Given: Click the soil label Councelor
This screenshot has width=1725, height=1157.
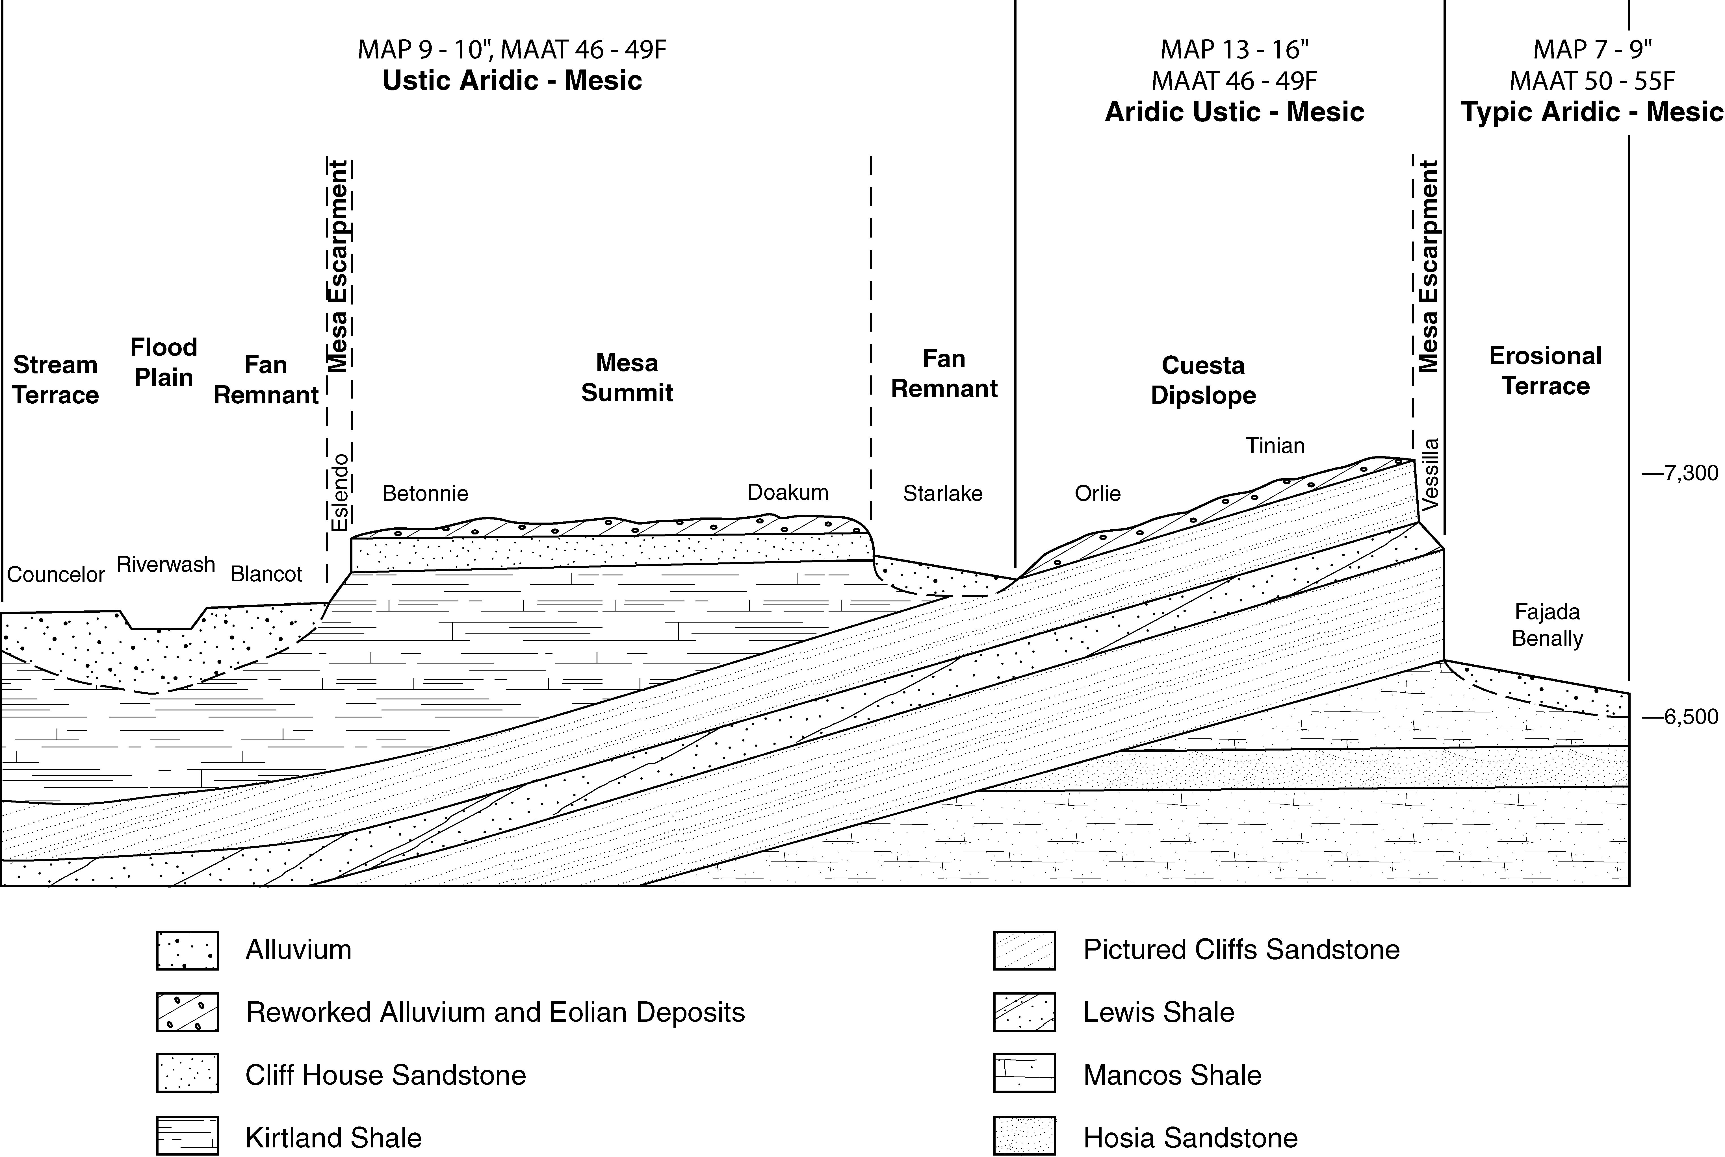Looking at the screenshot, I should pos(56,574).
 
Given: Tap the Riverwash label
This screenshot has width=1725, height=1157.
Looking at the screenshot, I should pos(166,564).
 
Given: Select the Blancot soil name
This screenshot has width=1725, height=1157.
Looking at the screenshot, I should pos(266,574).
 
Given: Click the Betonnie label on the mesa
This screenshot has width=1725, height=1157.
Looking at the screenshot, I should pos(425,493).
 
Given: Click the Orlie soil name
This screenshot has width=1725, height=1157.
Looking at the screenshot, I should pos(1098,493).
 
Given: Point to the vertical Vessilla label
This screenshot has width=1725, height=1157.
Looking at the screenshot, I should pos(1431,475).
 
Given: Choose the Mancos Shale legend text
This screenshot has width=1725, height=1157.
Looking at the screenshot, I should pos(1172,1075).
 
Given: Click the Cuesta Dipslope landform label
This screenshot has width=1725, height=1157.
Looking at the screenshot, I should pos(1203,380).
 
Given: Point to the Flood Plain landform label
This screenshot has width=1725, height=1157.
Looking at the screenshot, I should pos(164,362).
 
